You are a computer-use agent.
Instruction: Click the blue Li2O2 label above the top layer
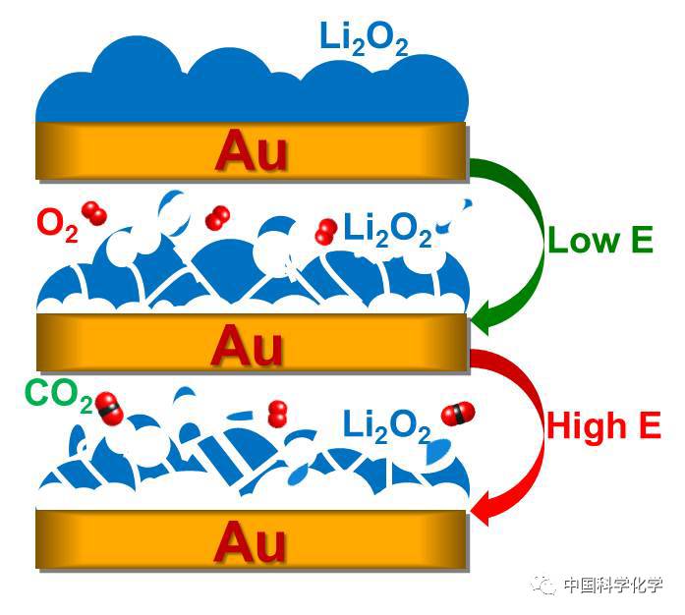(364, 40)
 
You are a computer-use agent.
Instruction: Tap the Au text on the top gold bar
(252, 151)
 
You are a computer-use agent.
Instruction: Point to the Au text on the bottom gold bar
(250, 541)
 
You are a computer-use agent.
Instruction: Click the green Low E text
(599, 241)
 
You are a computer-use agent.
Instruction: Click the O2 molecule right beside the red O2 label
(95, 213)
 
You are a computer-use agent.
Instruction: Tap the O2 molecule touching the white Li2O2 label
(326, 232)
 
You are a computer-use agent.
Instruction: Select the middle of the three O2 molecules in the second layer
(217, 217)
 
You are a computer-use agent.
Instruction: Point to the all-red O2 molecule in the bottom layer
(278, 415)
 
